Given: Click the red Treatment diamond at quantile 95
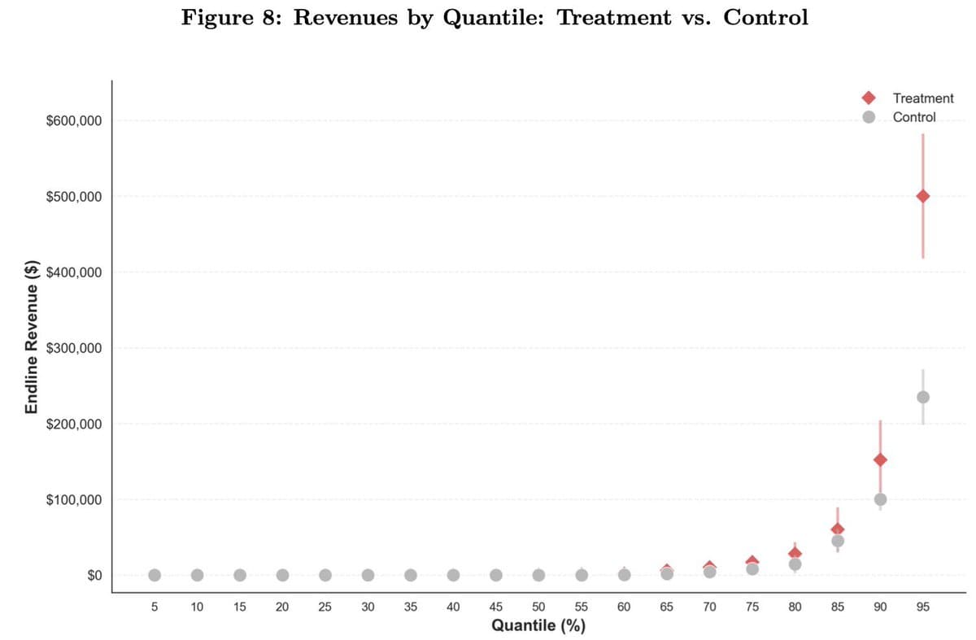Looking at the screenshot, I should coord(922,196).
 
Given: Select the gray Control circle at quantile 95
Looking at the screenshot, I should coord(922,397).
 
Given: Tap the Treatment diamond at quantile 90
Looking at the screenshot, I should coord(880,459).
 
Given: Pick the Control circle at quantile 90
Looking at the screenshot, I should coord(880,499).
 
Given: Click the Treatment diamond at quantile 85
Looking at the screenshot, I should coord(838,529).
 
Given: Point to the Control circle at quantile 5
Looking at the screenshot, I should coord(155,575).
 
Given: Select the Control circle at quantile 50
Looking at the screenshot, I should coord(538,575).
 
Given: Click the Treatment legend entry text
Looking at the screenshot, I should coord(923,98).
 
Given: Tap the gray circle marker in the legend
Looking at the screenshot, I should coord(869,117).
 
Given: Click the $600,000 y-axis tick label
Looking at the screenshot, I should coord(74,121).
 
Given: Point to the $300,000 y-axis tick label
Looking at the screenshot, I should coord(74,348).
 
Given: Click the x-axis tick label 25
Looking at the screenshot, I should coord(325,607).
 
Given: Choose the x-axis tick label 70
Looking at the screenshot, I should coord(709,607).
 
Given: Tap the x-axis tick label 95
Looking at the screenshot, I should coord(922,607).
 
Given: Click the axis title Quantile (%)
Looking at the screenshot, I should coord(538,625).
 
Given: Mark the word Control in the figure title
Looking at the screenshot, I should coord(765,18).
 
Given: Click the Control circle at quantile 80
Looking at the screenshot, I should coord(795,564).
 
